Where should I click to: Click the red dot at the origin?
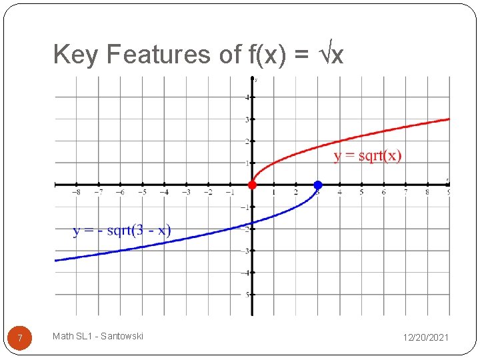coord(252,185)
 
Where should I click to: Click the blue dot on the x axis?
coord(318,185)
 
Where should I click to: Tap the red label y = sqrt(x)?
coord(367,156)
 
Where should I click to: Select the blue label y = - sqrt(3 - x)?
coord(122,231)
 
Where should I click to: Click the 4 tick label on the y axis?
coord(247,97)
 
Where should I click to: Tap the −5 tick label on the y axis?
coord(246,294)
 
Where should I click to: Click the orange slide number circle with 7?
coord(20,338)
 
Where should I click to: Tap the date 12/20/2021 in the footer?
coord(425,338)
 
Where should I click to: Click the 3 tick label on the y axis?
coord(247,119)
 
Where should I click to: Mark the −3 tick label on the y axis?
coord(246,251)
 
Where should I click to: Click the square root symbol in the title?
coord(323,53)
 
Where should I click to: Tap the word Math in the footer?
coord(63,336)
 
